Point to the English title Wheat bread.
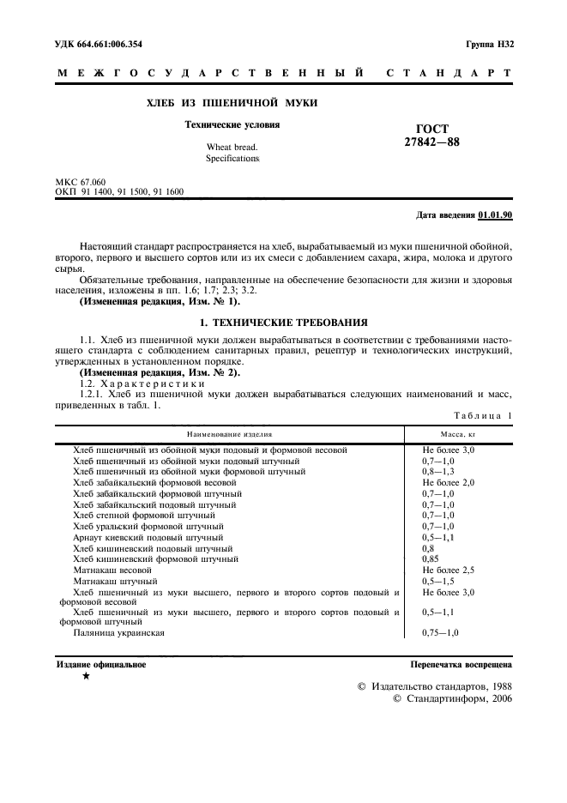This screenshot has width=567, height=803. pos(226,148)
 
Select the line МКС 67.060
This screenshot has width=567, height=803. pos(81,183)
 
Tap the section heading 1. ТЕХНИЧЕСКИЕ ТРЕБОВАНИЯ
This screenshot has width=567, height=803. pos(283,323)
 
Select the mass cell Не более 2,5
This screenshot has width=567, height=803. pos(449,570)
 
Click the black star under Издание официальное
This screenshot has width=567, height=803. pos(85,677)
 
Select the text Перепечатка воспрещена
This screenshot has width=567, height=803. pos(461,664)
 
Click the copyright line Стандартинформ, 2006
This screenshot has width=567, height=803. pos(452,700)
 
